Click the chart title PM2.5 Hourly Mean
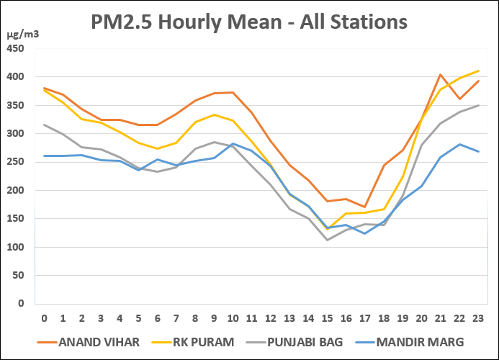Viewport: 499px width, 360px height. coord(249,22)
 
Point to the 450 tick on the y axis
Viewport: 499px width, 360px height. coord(15,49)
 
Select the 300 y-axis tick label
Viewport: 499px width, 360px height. coord(15,134)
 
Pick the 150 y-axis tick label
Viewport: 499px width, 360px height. coord(15,219)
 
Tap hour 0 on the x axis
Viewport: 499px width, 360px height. coord(44,317)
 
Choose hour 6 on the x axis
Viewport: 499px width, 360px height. coord(157,317)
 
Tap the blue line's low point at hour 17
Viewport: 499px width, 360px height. coord(365,233)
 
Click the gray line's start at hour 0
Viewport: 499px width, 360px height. coord(44,125)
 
